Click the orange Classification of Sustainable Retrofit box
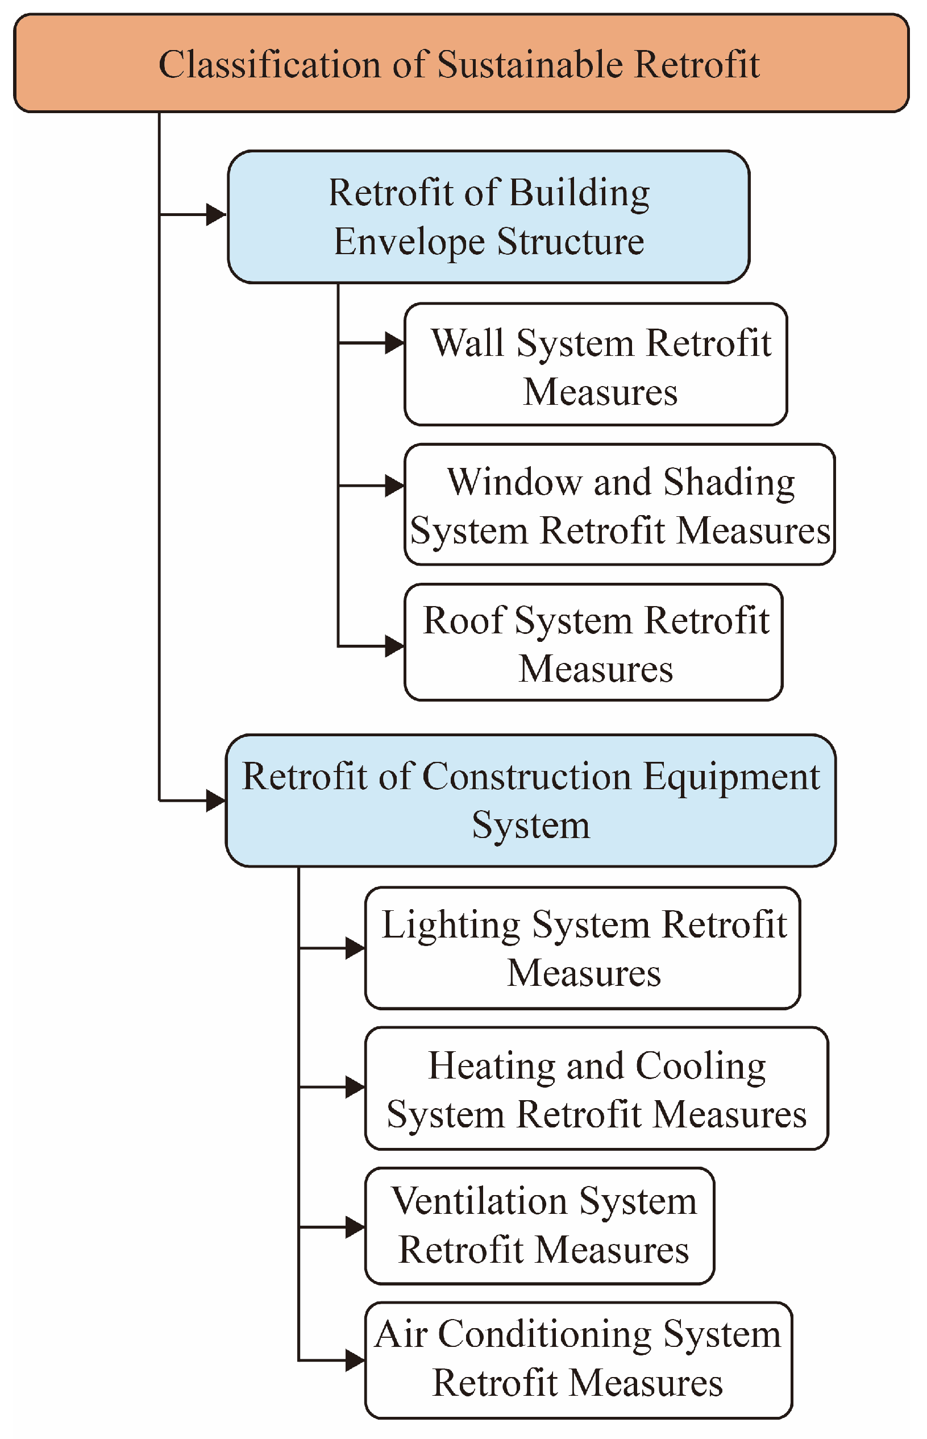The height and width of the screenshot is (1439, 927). click(x=461, y=63)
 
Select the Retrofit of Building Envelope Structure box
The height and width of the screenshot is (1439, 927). click(x=488, y=217)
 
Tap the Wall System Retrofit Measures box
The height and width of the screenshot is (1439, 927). click(x=595, y=365)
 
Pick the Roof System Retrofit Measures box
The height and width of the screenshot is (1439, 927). click(x=593, y=642)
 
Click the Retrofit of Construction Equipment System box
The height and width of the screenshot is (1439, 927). click(x=530, y=800)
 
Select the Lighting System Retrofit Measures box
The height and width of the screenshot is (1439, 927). click(x=582, y=948)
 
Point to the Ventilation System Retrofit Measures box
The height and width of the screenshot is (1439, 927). click(x=539, y=1226)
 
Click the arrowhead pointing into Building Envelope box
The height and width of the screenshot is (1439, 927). click(x=215, y=214)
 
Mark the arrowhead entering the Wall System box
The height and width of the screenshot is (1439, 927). click(x=394, y=343)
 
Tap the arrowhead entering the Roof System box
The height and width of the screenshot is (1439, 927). click(x=394, y=646)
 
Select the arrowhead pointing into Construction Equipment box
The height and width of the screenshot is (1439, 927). click(x=215, y=801)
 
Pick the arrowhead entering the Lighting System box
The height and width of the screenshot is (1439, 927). click(x=355, y=948)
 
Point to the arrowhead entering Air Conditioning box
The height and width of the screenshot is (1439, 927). click(x=355, y=1359)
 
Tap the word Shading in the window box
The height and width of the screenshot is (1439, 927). click(x=729, y=483)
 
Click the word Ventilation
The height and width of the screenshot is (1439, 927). click(x=479, y=1202)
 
